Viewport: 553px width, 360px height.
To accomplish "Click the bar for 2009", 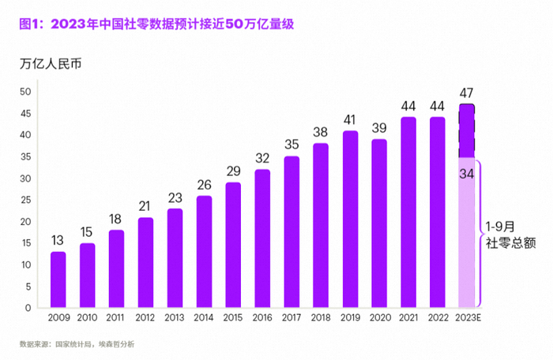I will point(58,280).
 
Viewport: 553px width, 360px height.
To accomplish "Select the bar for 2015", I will point(233,246).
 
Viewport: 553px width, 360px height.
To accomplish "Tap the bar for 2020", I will point(379,223).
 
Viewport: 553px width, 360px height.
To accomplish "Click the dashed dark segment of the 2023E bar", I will point(467,130).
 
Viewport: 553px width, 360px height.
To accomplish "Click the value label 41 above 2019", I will point(350,120).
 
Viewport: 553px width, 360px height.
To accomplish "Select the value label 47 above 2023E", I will point(467,93).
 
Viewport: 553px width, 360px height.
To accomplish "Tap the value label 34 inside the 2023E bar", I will point(467,174).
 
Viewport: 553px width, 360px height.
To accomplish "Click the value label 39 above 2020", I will point(379,129).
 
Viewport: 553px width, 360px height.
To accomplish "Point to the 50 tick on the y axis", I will point(25,92).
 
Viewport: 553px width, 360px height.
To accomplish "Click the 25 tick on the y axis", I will point(25,200).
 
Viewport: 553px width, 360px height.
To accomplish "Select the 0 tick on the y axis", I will point(28,308).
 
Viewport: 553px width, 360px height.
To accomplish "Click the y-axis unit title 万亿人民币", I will point(50,64).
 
